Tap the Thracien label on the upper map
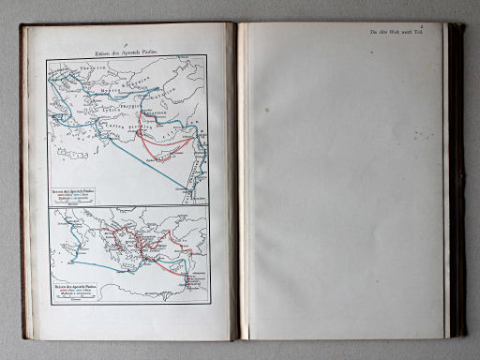[89, 70]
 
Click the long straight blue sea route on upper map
[141, 159]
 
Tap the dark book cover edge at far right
[457, 178]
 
